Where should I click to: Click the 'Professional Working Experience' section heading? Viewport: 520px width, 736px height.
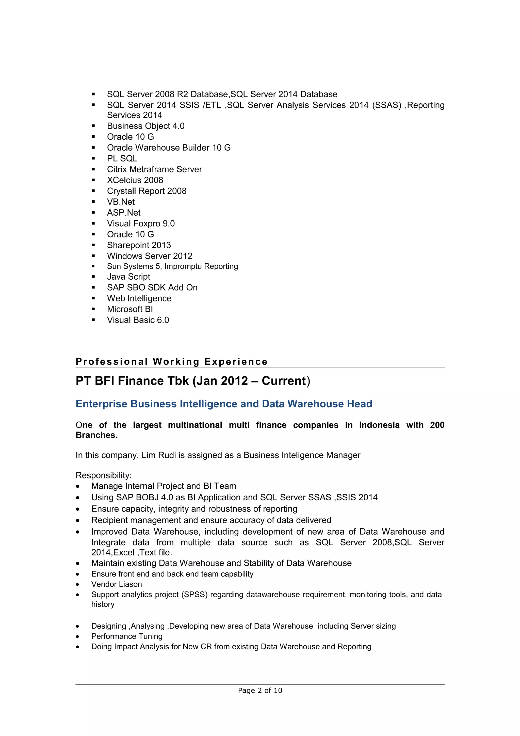[x=171, y=362]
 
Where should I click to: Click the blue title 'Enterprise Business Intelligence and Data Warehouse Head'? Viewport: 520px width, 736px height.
[x=224, y=404]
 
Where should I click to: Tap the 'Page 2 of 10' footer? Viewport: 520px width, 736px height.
[x=260, y=690]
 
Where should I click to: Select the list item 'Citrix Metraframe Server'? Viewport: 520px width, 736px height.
[x=154, y=169]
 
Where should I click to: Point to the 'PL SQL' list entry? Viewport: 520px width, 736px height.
[x=122, y=158]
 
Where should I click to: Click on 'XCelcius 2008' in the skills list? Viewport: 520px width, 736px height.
[x=135, y=180]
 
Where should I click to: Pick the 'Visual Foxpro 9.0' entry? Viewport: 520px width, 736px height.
[x=141, y=223]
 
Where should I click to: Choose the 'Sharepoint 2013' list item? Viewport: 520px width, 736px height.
[x=139, y=245]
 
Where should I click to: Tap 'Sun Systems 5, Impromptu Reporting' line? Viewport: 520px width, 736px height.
[x=172, y=266]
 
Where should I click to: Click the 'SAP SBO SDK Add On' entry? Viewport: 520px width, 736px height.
[x=152, y=287]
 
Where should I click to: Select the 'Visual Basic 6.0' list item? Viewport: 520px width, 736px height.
[x=138, y=320]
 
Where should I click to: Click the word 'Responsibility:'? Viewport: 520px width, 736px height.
[x=104, y=475]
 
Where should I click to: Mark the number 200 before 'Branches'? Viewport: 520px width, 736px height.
[x=437, y=425]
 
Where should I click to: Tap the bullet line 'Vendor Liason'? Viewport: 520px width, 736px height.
[x=116, y=584]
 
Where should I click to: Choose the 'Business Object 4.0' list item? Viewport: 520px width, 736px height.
[x=145, y=126]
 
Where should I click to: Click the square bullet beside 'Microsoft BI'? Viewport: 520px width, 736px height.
[x=93, y=309]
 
